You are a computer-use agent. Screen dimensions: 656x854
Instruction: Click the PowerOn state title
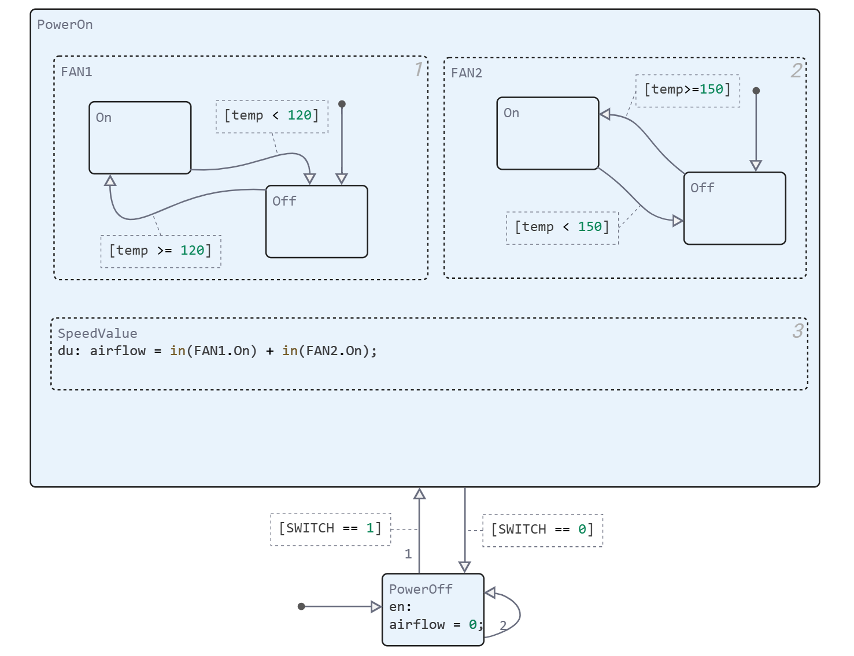click(65, 25)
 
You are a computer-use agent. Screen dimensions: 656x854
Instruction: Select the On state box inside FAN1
click(140, 138)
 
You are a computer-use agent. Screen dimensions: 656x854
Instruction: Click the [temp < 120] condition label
click(272, 116)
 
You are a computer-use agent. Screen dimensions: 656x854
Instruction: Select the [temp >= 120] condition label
click(161, 251)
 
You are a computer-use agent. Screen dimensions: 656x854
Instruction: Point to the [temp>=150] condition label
click(687, 90)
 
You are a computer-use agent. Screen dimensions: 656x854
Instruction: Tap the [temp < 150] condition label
click(562, 228)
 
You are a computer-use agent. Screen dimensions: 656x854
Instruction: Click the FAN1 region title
click(76, 72)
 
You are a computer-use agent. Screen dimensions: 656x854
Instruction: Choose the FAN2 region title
click(467, 73)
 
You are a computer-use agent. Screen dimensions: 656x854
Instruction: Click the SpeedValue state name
click(97, 334)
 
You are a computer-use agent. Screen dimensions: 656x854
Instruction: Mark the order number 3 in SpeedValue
click(798, 331)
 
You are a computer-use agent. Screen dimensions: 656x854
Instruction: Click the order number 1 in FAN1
click(419, 70)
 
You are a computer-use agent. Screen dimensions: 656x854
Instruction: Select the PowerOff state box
click(432, 609)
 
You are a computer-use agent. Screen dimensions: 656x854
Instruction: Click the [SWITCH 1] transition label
click(330, 529)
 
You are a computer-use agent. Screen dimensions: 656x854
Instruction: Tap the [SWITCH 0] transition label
click(542, 530)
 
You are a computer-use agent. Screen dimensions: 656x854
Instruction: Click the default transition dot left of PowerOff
click(301, 606)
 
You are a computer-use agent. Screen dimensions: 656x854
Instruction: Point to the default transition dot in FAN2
click(756, 91)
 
